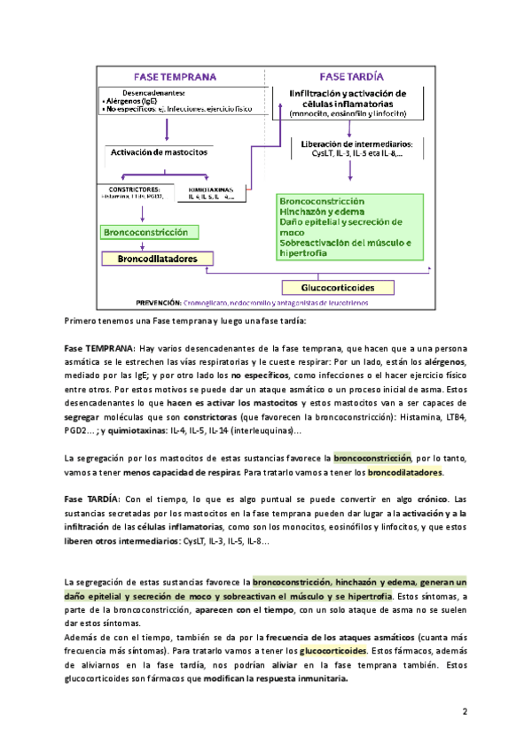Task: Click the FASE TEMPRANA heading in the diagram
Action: click(176, 76)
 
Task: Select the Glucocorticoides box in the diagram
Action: click(336, 288)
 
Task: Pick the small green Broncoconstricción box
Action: click(145, 232)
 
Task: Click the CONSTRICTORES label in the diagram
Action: click(129, 189)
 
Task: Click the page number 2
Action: click(464, 711)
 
